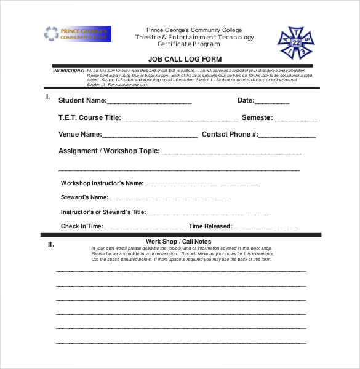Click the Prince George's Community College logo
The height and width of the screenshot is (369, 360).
click(x=77, y=33)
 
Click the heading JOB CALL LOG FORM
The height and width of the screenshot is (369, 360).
click(x=185, y=60)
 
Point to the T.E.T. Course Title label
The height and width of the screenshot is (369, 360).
click(x=89, y=117)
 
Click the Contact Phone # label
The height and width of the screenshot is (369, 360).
click(x=230, y=134)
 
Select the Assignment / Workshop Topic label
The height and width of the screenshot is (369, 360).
click(x=109, y=151)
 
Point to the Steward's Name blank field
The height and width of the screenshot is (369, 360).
click(x=169, y=199)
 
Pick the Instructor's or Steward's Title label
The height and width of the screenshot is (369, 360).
click(x=103, y=212)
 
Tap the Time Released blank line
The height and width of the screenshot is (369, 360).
click(x=266, y=228)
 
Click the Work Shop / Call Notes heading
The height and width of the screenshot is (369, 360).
click(x=178, y=242)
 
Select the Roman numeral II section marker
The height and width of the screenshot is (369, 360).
click(x=51, y=244)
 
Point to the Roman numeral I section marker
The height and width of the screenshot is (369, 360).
click(x=48, y=97)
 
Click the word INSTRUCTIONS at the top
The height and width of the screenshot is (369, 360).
click(x=68, y=71)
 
